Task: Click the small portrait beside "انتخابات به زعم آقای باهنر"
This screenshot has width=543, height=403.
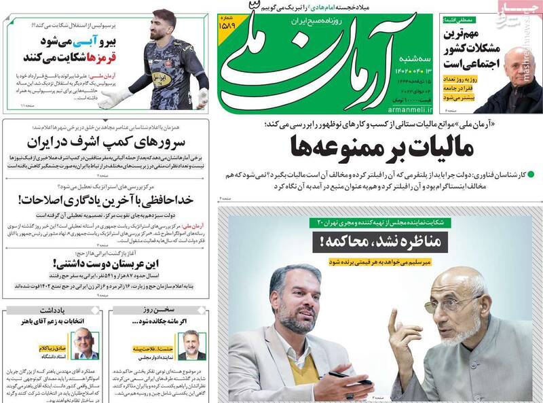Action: point(84,343)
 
